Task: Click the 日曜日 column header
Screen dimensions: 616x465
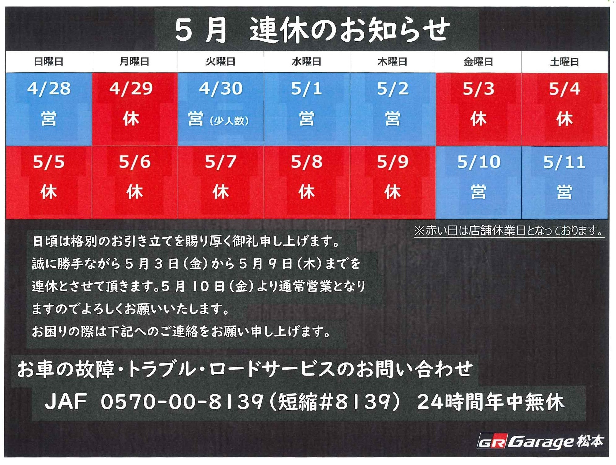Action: pyautogui.click(x=49, y=62)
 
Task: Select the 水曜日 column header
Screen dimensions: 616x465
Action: pyautogui.click(x=307, y=62)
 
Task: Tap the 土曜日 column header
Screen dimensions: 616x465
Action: pyautogui.click(x=564, y=62)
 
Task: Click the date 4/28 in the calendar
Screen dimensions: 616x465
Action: pyautogui.click(x=49, y=89)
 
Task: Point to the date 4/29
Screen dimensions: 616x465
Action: pyautogui.click(x=131, y=89)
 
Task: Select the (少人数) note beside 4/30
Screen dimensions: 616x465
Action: pyautogui.click(x=229, y=121)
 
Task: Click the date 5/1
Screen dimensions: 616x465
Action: pyautogui.click(x=307, y=89)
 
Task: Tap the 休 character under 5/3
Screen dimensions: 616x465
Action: pyautogui.click(x=478, y=119)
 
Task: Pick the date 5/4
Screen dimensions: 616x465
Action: pyautogui.click(x=564, y=89)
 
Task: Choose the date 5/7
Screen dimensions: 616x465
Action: pyautogui.click(x=221, y=162)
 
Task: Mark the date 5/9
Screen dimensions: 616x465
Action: pyautogui.click(x=393, y=162)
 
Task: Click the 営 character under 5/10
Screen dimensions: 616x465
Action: pyautogui.click(x=478, y=192)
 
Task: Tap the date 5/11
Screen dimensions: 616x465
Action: pyautogui.click(x=564, y=162)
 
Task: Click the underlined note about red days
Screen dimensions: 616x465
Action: pyautogui.click(x=509, y=231)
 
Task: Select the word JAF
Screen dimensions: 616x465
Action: pyautogui.click(x=66, y=401)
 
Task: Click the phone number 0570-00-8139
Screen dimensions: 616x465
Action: pyautogui.click(x=182, y=401)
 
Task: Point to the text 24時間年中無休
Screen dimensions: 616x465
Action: pyautogui.click(x=491, y=401)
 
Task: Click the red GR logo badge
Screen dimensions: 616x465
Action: pyautogui.click(x=492, y=441)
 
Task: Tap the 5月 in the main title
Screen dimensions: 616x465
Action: pyautogui.click(x=201, y=30)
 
